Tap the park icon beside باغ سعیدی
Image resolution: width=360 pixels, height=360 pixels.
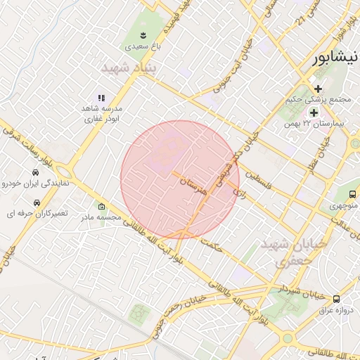(143, 34)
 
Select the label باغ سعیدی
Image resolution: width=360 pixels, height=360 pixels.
(143, 46)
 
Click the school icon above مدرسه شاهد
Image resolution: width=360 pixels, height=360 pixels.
(101, 98)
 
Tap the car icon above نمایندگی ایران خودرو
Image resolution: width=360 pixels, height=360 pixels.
(35, 172)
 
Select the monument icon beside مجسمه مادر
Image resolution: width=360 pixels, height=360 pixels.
(102, 207)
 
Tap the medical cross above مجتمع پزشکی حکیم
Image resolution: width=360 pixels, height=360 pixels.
(318, 89)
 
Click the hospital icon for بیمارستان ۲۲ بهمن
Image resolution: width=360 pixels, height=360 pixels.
(314, 112)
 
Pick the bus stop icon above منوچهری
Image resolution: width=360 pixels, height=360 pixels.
(352, 194)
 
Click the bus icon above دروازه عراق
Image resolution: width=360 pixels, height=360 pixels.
(336, 298)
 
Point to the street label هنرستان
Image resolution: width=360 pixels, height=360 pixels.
(193, 185)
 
